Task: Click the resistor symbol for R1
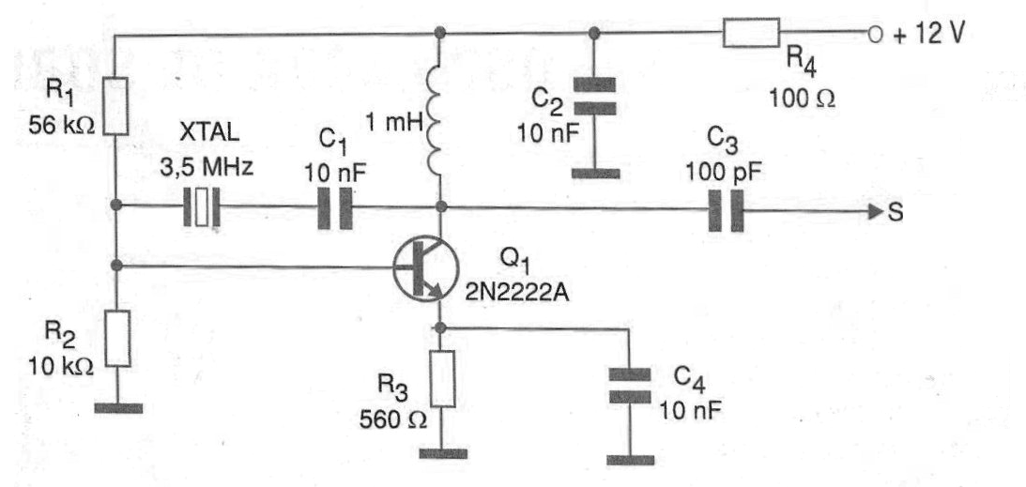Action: (x=116, y=106)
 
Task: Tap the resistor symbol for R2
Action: (x=118, y=338)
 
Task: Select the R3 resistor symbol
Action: (x=443, y=378)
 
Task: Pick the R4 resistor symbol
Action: (x=752, y=33)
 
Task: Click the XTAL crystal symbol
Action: (x=202, y=208)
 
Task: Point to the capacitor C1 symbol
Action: (x=335, y=208)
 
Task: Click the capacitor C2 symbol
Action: (x=594, y=97)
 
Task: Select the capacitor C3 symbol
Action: (x=727, y=210)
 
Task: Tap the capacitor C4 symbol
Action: (x=630, y=385)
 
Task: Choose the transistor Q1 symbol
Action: (x=424, y=267)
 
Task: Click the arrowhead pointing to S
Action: (x=876, y=212)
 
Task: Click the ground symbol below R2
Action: (x=118, y=408)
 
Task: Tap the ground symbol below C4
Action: (x=630, y=460)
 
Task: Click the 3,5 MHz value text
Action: (x=207, y=167)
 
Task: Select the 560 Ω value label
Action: (x=392, y=419)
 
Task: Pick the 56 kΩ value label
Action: (x=62, y=125)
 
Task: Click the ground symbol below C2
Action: (x=595, y=174)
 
